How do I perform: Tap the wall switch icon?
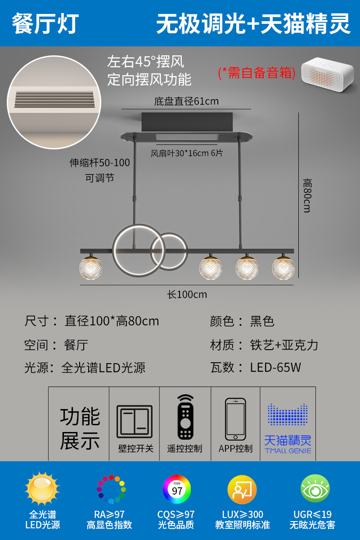135,422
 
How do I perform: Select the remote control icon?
185,417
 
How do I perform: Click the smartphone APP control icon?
235,419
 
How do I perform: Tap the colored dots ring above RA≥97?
111,489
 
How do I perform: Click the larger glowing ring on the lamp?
132,248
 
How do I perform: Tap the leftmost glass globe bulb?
91,268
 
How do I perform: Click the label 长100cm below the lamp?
187,295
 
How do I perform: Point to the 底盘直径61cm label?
186,101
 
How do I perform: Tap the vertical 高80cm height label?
307,195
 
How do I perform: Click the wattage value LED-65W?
275,368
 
